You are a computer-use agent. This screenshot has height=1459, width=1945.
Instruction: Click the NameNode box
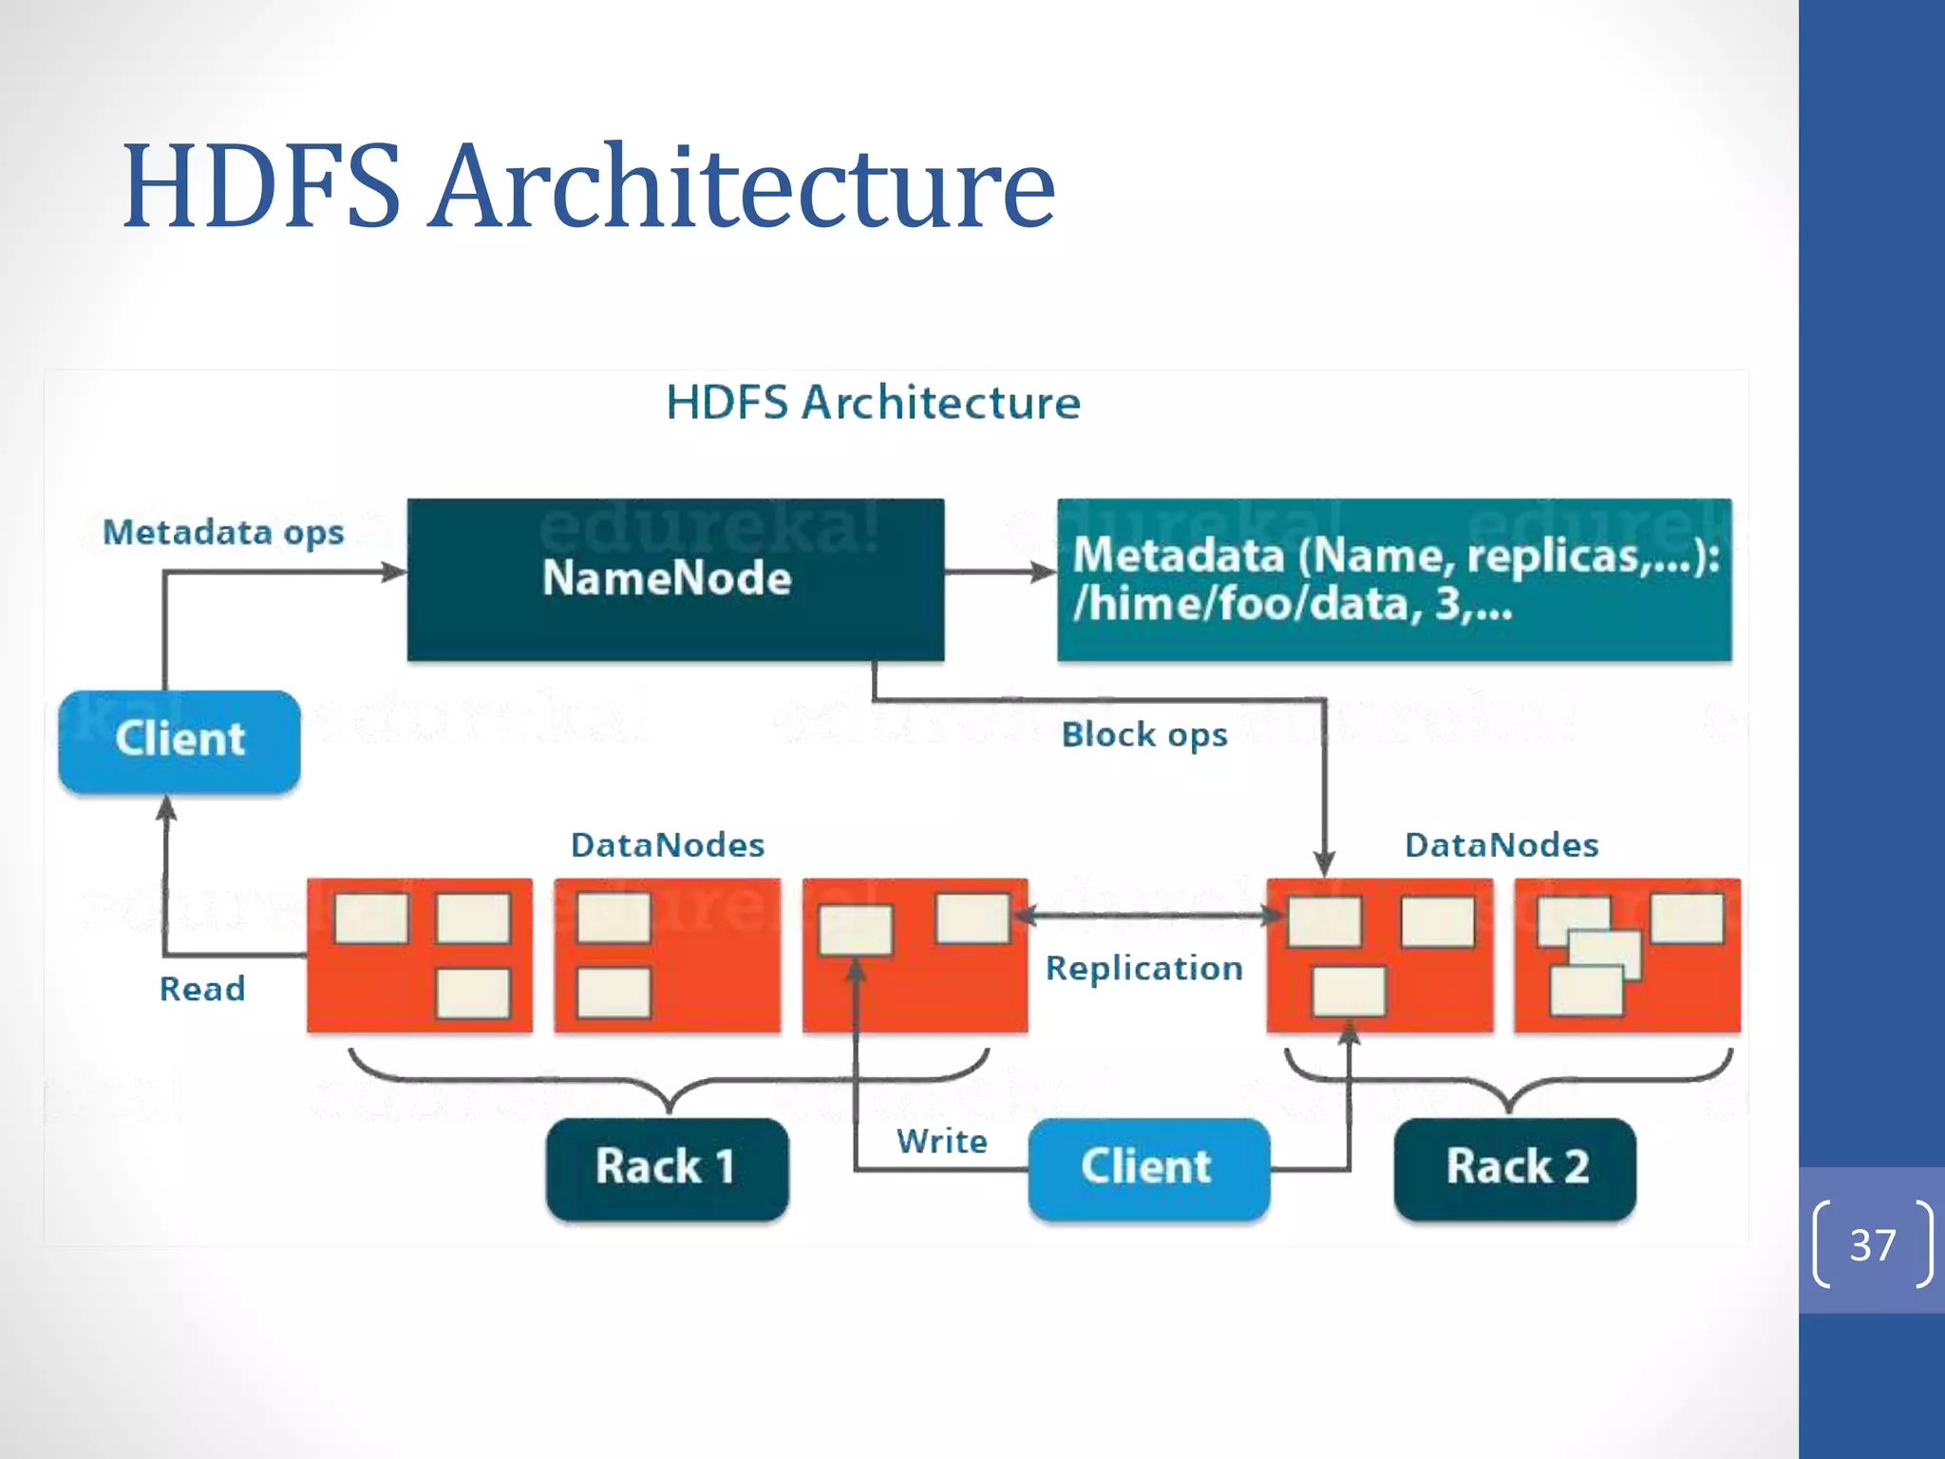coord(675,579)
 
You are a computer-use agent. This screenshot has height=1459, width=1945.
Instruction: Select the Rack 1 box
coord(667,1167)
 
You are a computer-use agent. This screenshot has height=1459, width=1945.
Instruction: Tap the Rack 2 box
coord(1516,1167)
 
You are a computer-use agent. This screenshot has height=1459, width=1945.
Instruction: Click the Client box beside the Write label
coord(1148,1167)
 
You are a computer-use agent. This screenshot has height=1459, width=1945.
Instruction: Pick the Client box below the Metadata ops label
coord(179,741)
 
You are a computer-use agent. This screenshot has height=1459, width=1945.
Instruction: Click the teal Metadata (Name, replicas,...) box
coord(1394,579)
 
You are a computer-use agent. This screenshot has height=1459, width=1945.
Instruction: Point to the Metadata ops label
coord(223,533)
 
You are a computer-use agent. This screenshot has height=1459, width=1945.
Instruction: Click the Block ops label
coord(1144,735)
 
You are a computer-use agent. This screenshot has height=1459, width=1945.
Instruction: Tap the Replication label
coord(1144,969)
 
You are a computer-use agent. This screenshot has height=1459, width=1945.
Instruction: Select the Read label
coord(202,990)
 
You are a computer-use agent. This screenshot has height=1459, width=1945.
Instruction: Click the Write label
coord(942,1142)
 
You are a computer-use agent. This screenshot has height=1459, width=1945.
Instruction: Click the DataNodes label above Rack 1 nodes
coord(668,845)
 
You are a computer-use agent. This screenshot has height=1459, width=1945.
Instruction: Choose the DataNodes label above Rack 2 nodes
coord(1501,845)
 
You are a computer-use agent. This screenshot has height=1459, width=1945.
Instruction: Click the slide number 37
coord(1872,1245)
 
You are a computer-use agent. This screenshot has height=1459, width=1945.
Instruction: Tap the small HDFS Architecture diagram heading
coord(873,403)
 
